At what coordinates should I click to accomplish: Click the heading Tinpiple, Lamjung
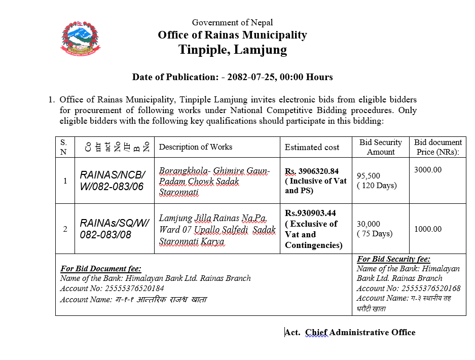point(232,50)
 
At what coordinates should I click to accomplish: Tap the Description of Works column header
point(196,147)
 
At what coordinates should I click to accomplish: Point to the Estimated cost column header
point(312,147)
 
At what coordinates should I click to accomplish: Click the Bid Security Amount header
point(380,147)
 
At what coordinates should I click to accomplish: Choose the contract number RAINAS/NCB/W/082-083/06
point(113,181)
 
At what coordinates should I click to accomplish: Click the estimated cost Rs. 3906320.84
point(312,171)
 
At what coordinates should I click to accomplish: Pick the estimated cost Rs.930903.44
point(310,213)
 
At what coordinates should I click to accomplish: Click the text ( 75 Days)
point(374,234)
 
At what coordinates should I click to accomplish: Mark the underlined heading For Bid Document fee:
point(100,269)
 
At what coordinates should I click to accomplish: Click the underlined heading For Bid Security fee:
point(393,259)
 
